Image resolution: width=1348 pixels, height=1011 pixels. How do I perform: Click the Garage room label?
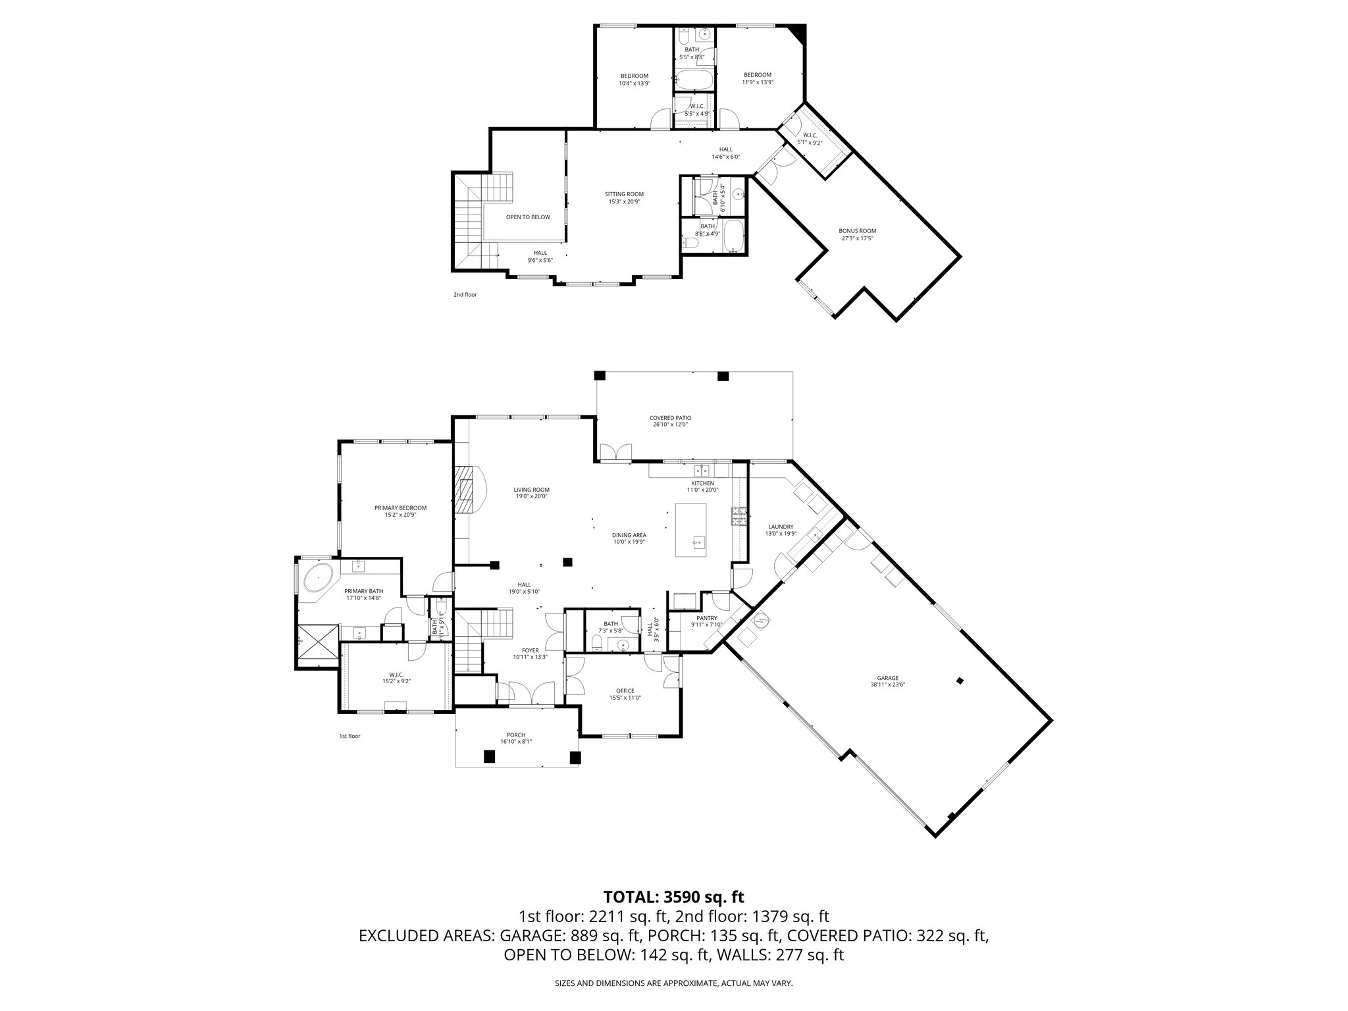887,678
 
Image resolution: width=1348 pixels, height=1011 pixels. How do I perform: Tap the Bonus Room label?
857,231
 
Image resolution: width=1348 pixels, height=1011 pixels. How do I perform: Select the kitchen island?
691,530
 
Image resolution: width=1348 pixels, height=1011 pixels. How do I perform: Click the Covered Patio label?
670,418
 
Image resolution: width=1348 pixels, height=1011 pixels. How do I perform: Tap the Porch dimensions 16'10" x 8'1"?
516,742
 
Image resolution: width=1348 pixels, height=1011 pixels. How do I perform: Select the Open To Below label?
528,217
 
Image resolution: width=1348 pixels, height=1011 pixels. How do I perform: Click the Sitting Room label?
624,194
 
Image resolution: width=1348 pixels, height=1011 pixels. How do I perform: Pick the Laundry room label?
781,527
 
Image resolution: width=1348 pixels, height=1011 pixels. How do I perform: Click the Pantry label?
707,618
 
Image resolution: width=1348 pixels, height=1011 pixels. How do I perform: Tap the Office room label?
625,690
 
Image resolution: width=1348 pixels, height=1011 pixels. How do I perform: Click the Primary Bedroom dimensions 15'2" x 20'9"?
400,515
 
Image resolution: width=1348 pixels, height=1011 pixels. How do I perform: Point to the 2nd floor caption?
465,295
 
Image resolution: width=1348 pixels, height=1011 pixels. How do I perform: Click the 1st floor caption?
350,737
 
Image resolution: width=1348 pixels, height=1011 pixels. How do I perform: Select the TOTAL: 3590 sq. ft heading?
673,896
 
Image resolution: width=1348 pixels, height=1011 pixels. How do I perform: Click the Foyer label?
531,650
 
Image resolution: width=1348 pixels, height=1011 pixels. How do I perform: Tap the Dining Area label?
629,535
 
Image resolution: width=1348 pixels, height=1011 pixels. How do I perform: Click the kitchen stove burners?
737,517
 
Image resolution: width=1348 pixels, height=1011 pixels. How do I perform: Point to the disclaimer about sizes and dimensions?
673,983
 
